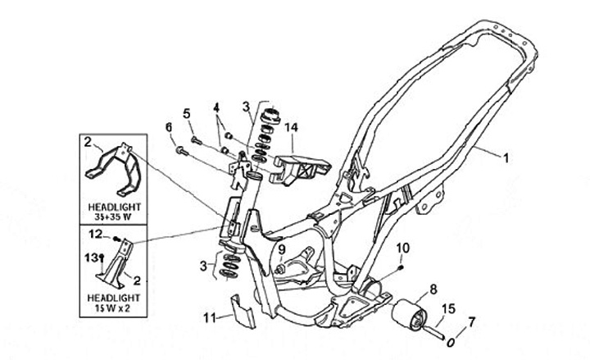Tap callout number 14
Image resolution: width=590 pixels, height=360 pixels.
pyautogui.click(x=290, y=127)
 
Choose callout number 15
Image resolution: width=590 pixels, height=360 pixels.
pyautogui.click(x=447, y=309)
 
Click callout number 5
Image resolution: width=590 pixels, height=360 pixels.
pyautogui.click(x=186, y=113)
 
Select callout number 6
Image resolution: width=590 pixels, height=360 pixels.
pyautogui.click(x=169, y=127)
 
